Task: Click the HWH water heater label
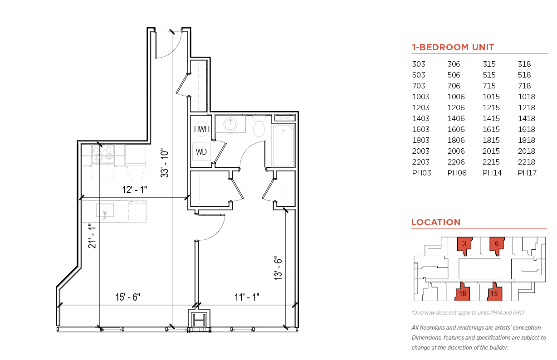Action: (202, 129)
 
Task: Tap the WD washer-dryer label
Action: (201, 151)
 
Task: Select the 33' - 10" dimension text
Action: (165, 163)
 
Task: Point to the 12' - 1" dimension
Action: (135, 190)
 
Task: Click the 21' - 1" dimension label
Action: (92, 236)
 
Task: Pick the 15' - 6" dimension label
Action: (127, 297)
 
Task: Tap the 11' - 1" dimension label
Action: (247, 297)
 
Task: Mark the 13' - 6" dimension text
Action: (278, 268)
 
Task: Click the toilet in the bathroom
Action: (259, 126)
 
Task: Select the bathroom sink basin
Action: (230, 124)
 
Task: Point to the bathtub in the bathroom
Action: (283, 146)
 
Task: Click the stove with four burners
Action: (103, 155)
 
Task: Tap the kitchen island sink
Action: (105, 211)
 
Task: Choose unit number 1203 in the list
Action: (421, 107)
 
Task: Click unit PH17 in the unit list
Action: (527, 173)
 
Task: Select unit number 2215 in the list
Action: (491, 162)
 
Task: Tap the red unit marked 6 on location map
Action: (497, 245)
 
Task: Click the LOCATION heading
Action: (436, 222)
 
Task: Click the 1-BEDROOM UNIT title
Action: (453, 47)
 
